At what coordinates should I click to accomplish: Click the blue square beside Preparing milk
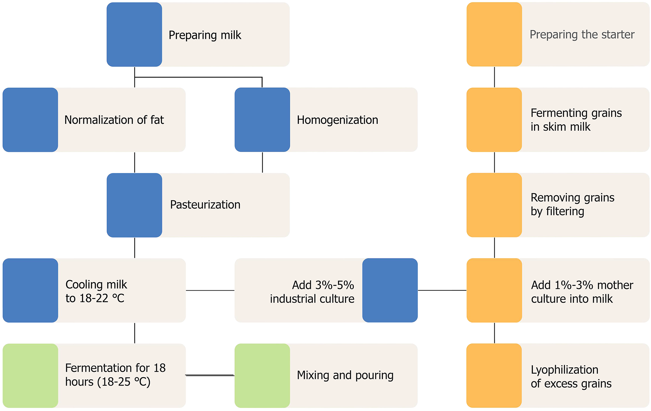pyautogui.click(x=134, y=35)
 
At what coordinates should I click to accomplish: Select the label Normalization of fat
pyautogui.click(x=114, y=120)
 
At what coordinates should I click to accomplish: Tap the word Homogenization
pyautogui.click(x=337, y=120)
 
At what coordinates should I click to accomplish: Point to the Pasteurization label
pyautogui.click(x=205, y=205)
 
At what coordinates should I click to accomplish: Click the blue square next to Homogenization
pyautogui.click(x=262, y=120)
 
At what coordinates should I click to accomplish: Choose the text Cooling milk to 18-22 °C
pyautogui.click(x=96, y=291)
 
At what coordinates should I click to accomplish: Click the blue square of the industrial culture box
pyautogui.click(x=390, y=290)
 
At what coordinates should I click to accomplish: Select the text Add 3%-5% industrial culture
pyautogui.click(x=312, y=292)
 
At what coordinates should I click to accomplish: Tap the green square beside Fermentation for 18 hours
pyautogui.click(x=30, y=376)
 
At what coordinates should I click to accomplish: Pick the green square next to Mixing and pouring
pyautogui.click(x=262, y=376)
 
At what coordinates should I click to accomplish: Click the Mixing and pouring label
pyautogui.click(x=345, y=375)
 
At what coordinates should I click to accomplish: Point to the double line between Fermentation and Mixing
pyautogui.click(x=210, y=375)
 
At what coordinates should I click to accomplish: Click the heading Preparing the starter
pyautogui.click(x=582, y=35)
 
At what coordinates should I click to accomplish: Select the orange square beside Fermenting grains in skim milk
pyautogui.click(x=494, y=120)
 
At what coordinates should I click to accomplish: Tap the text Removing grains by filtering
pyautogui.click(x=572, y=204)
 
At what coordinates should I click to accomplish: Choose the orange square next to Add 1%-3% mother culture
pyautogui.click(x=494, y=290)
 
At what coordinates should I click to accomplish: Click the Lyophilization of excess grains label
pyautogui.click(x=571, y=376)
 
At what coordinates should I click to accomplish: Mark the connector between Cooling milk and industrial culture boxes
pyautogui.click(x=210, y=290)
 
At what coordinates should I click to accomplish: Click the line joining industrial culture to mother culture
pyautogui.click(x=442, y=290)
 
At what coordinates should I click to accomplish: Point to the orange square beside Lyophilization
pyautogui.click(x=494, y=376)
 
